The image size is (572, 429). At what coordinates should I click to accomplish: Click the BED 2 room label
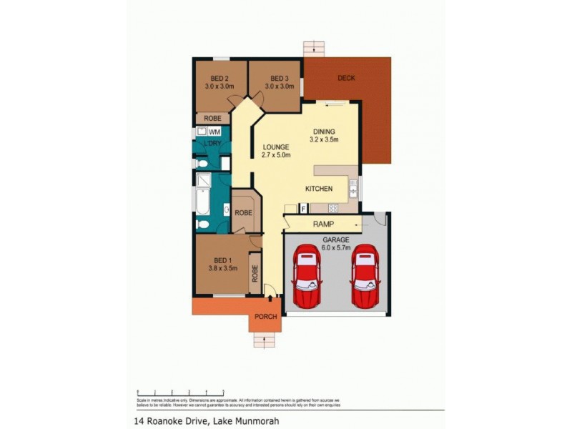[219, 79]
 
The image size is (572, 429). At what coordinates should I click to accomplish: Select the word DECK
[347, 78]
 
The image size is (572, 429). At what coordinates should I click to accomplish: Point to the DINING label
[324, 132]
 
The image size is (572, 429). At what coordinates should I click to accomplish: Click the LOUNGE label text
[275, 147]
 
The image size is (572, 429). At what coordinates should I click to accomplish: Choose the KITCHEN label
[319, 189]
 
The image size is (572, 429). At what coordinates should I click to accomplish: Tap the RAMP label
[324, 225]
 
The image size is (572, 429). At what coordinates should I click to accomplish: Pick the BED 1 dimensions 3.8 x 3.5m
[222, 268]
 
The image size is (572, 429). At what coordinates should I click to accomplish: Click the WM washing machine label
[214, 133]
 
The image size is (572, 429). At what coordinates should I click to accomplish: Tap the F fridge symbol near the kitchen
[303, 208]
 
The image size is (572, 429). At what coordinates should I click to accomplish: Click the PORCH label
[265, 317]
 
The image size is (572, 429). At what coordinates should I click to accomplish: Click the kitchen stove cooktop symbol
[332, 208]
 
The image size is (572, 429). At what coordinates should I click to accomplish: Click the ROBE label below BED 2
[212, 118]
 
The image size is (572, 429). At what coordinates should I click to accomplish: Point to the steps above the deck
[314, 49]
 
